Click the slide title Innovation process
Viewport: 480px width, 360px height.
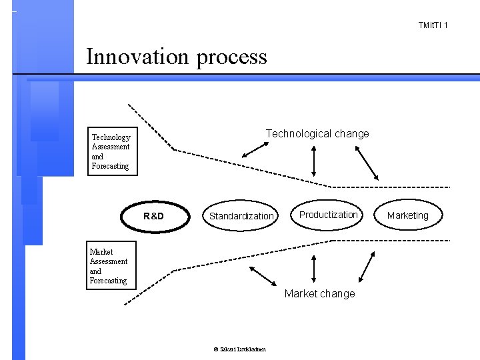pos(177,56)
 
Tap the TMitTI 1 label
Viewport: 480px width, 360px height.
pos(433,25)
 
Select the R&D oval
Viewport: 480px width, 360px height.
pos(154,215)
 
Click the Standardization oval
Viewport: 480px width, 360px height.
pos(241,216)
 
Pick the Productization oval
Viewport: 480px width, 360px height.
pos(328,215)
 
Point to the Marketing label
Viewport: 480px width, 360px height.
pos(407,215)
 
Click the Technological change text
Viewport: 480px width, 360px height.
pos(317,133)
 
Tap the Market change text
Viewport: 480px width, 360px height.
pos(319,293)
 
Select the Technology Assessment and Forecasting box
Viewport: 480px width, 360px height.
pos(113,151)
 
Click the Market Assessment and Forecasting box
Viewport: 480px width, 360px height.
pos(109,266)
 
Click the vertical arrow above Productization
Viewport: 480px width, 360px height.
pos(313,161)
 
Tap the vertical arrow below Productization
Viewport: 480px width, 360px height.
pos(313,270)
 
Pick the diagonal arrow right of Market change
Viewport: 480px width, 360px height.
pos(367,269)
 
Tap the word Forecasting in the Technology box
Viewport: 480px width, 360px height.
pos(111,166)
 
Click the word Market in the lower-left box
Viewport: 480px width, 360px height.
pos(101,252)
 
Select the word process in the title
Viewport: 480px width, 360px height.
pos(231,56)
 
